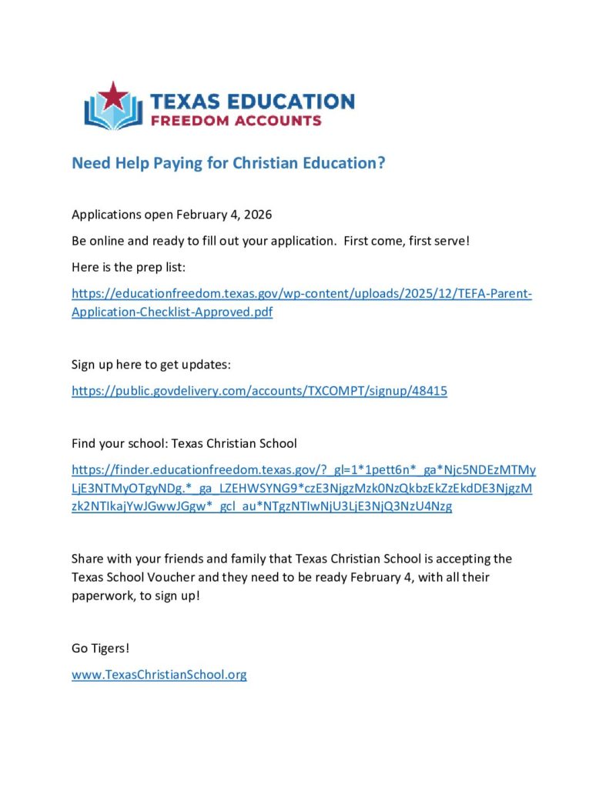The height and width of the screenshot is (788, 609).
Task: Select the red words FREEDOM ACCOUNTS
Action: click(236, 121)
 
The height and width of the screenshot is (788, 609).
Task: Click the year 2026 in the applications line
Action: click(257, 214)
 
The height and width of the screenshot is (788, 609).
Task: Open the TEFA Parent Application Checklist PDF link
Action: click(301, 294)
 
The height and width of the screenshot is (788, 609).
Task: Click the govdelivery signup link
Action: click(259, 391)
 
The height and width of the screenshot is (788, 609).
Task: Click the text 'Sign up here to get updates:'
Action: click(151, 364)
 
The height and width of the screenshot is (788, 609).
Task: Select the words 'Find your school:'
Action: click(119, 443)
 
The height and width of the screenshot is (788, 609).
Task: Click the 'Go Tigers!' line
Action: click(101, 648)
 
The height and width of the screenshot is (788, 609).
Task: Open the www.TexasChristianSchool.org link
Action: click(159, 675)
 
